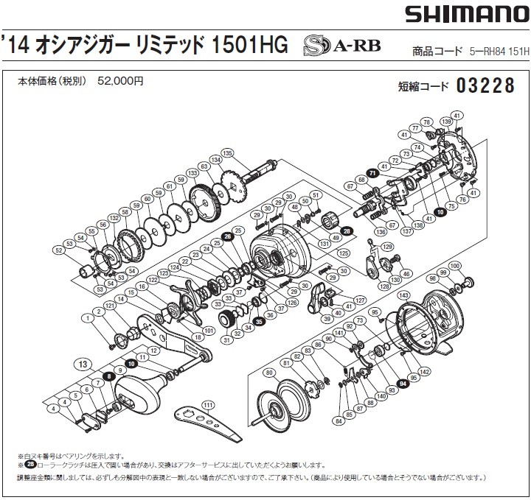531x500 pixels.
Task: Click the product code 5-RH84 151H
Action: [x=499, y=52]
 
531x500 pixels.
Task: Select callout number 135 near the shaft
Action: [x=227, y=153]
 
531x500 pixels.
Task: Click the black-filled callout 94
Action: [x=402, y=383]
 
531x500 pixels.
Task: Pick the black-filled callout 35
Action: [x=259, y=322]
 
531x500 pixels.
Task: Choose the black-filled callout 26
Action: [x=228, y=238]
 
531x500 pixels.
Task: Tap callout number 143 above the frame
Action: [x=403, y=295]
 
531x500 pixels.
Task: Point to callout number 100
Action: [x=454, y=265]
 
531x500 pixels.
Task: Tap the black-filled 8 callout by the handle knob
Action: [x=108, y=376]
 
